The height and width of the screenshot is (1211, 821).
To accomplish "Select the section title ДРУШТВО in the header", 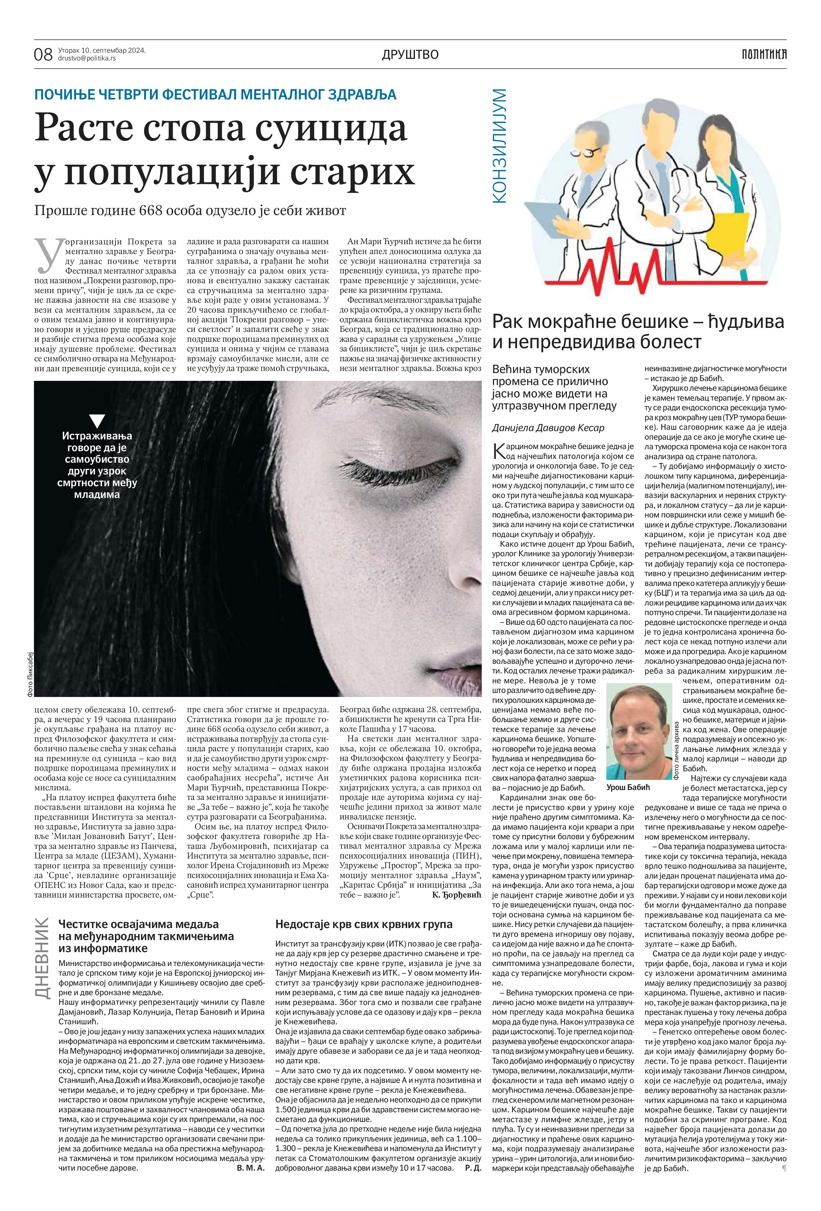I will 410,54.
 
